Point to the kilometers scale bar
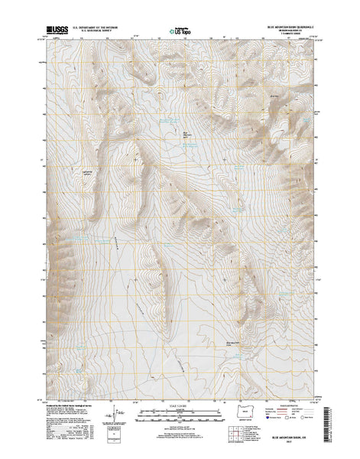[x=177, y=419]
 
